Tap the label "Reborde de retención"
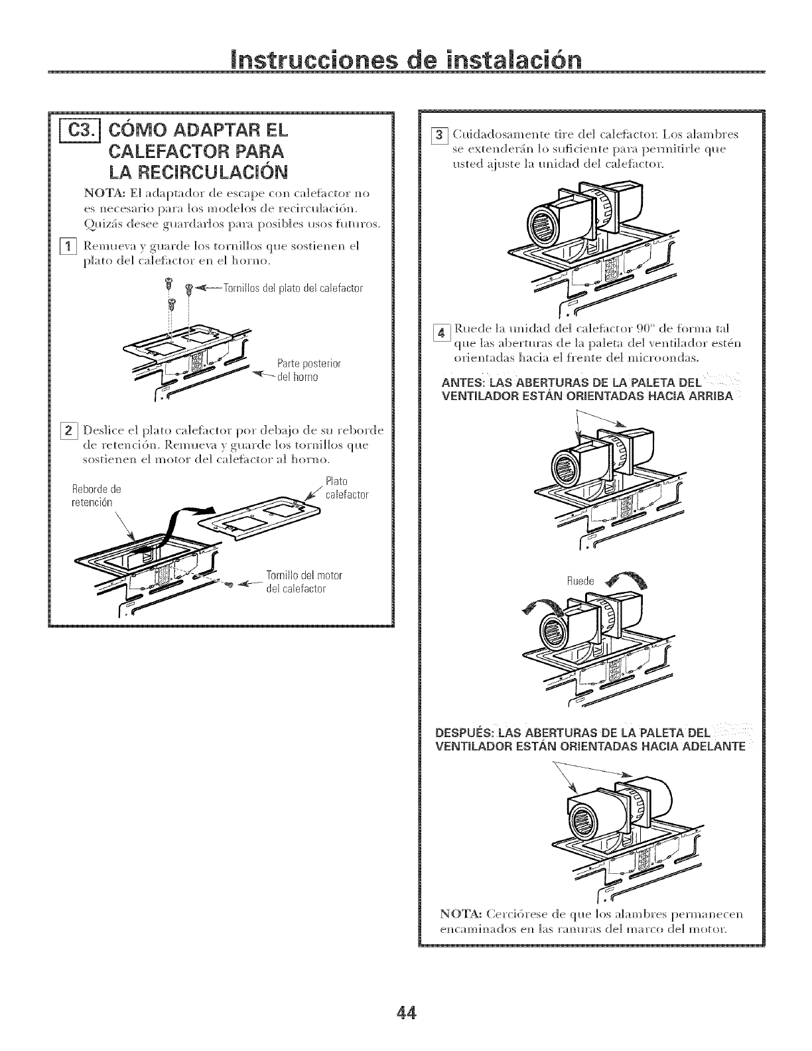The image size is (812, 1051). [x=96, y=496]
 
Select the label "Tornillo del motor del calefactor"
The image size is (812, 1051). [x=303, y=581]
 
